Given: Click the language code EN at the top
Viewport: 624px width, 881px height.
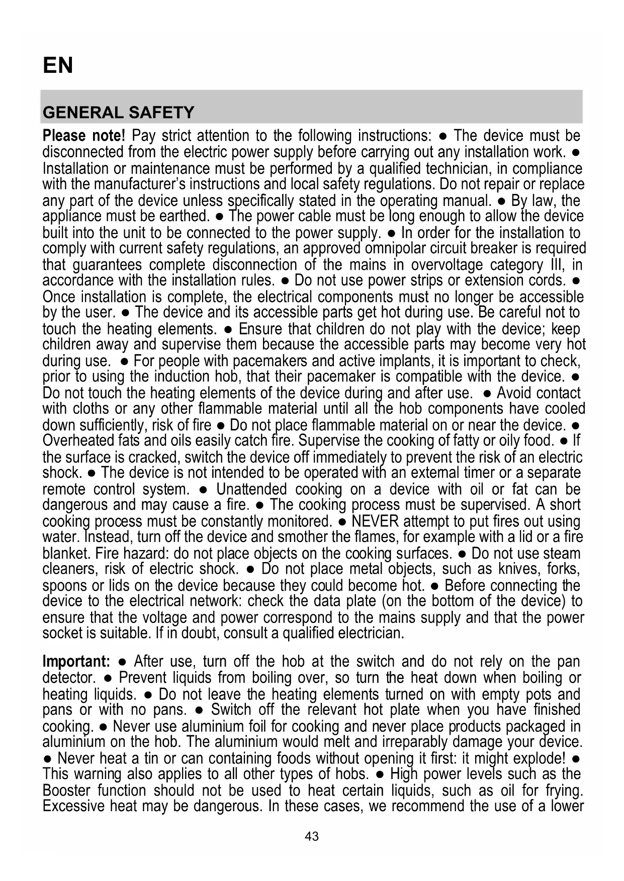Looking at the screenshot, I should (58, 65).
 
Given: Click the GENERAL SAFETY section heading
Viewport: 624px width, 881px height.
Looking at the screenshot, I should (118, 112).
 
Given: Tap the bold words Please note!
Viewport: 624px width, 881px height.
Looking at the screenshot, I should (83, 136).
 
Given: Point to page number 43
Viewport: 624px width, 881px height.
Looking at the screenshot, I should (312, 836).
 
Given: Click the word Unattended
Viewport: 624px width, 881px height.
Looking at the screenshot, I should (251, 489).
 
